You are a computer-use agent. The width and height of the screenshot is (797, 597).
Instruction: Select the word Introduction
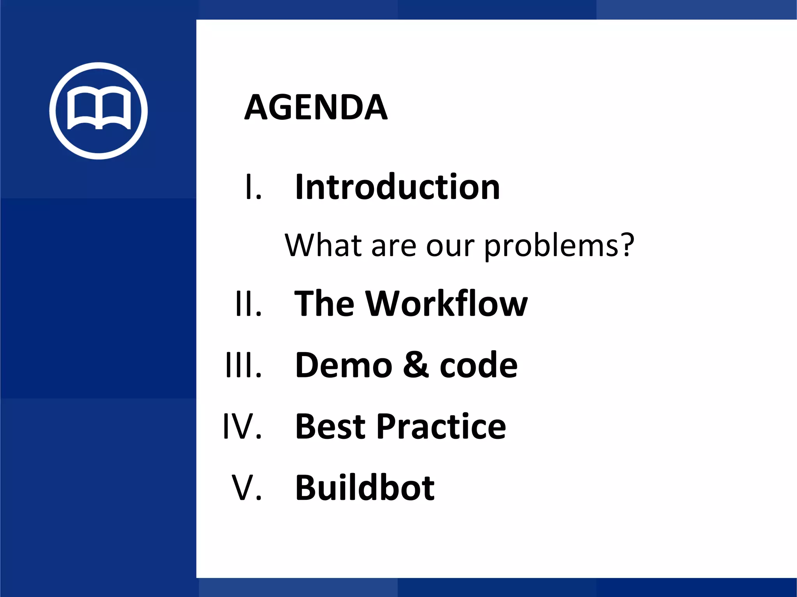click(397, 187)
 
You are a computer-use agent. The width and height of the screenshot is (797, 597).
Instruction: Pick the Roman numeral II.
click(248, 304)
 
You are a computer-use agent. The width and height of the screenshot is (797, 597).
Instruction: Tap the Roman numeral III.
click(244, 365)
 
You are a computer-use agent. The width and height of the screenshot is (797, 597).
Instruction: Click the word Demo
click(344, 365)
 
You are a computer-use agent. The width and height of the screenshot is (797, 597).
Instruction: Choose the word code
click(478, 365)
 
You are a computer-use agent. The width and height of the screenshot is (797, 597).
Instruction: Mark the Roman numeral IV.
click(242, 427)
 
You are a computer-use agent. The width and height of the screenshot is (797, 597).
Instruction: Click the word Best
click(330, 427)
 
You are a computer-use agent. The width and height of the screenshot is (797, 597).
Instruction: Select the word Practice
click(441, 427)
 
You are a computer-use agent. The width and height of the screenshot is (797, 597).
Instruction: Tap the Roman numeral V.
click(247, 488)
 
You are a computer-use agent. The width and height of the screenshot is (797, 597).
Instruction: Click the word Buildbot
click(365, 488)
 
